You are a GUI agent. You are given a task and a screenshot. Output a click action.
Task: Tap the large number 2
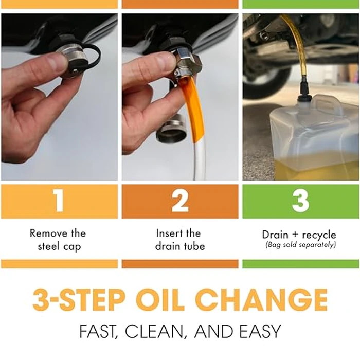pos(180,202)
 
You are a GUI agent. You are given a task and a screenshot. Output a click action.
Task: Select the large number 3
pos(300,202)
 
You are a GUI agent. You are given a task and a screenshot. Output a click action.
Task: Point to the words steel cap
pos(59,246)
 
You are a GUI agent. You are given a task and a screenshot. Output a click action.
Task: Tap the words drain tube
pos(180,246)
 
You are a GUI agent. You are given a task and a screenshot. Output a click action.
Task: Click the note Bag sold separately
pos(301,245)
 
